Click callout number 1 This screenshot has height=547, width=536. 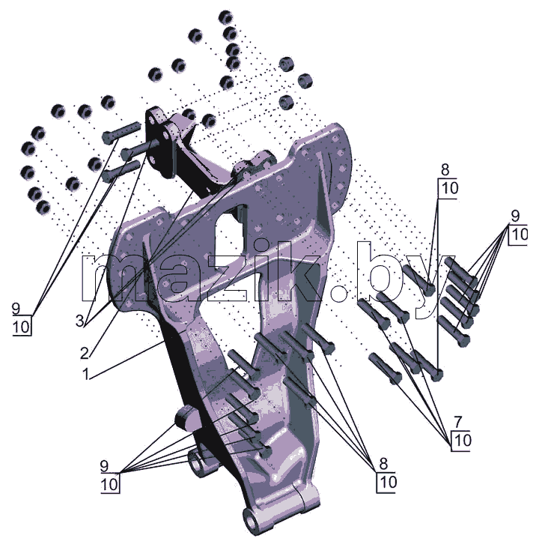point(86,375)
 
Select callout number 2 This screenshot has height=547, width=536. point(85,354)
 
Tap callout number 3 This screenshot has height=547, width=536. point(80,321)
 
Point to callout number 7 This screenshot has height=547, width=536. point(458,422)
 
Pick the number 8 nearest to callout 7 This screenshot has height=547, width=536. point(383,464)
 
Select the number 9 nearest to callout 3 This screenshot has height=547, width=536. point(16,309)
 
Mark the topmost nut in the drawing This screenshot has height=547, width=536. point(226,17)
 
